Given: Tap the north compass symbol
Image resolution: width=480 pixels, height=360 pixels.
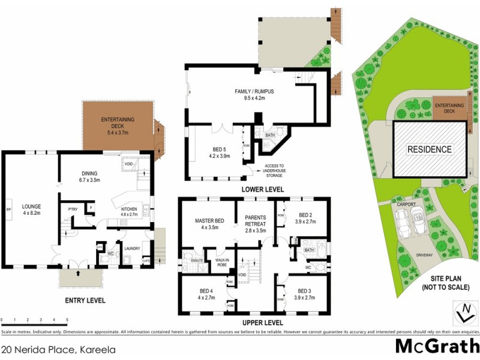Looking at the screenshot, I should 464,313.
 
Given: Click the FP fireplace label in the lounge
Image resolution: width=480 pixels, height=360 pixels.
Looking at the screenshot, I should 8,209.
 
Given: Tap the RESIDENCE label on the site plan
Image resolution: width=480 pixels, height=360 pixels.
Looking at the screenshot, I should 430,149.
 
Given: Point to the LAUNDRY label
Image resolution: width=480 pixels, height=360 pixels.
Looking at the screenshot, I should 131,245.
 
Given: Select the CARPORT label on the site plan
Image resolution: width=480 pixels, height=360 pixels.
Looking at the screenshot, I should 406,205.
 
